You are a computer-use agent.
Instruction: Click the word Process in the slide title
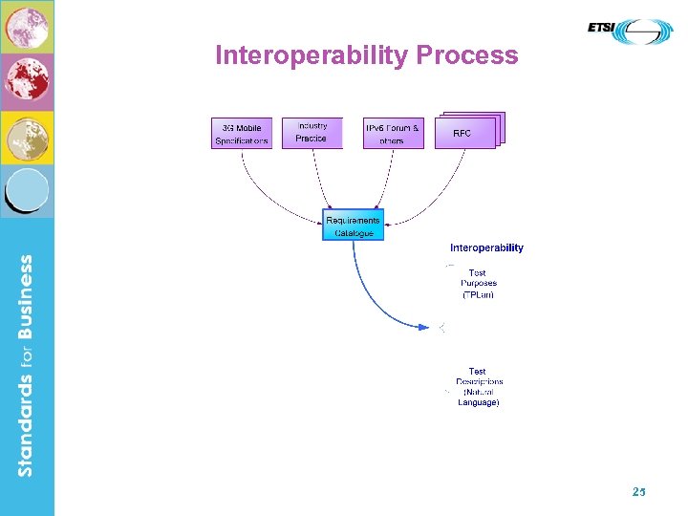(467, 55)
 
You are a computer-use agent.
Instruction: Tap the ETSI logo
(630, 31)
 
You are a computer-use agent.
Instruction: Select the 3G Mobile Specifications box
(241, 133)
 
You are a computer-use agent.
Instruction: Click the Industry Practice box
(312, 133)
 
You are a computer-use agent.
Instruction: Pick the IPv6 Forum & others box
(393, 133)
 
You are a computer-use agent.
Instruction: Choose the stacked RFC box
(465, 133)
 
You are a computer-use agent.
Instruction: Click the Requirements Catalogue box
(353, 226)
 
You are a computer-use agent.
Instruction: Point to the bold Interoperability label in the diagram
(486, 247)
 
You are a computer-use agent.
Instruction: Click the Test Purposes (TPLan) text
(478, 284)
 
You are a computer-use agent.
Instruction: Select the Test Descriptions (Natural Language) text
(478, 387)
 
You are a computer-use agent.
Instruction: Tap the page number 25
(638, 491)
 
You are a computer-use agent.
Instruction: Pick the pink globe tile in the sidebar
(27, 26)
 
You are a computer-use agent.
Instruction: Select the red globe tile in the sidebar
(27, 81)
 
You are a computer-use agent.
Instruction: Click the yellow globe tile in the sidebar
(27, 138)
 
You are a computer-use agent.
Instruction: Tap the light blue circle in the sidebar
(28, 191)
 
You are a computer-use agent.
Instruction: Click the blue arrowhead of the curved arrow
(426, 327)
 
